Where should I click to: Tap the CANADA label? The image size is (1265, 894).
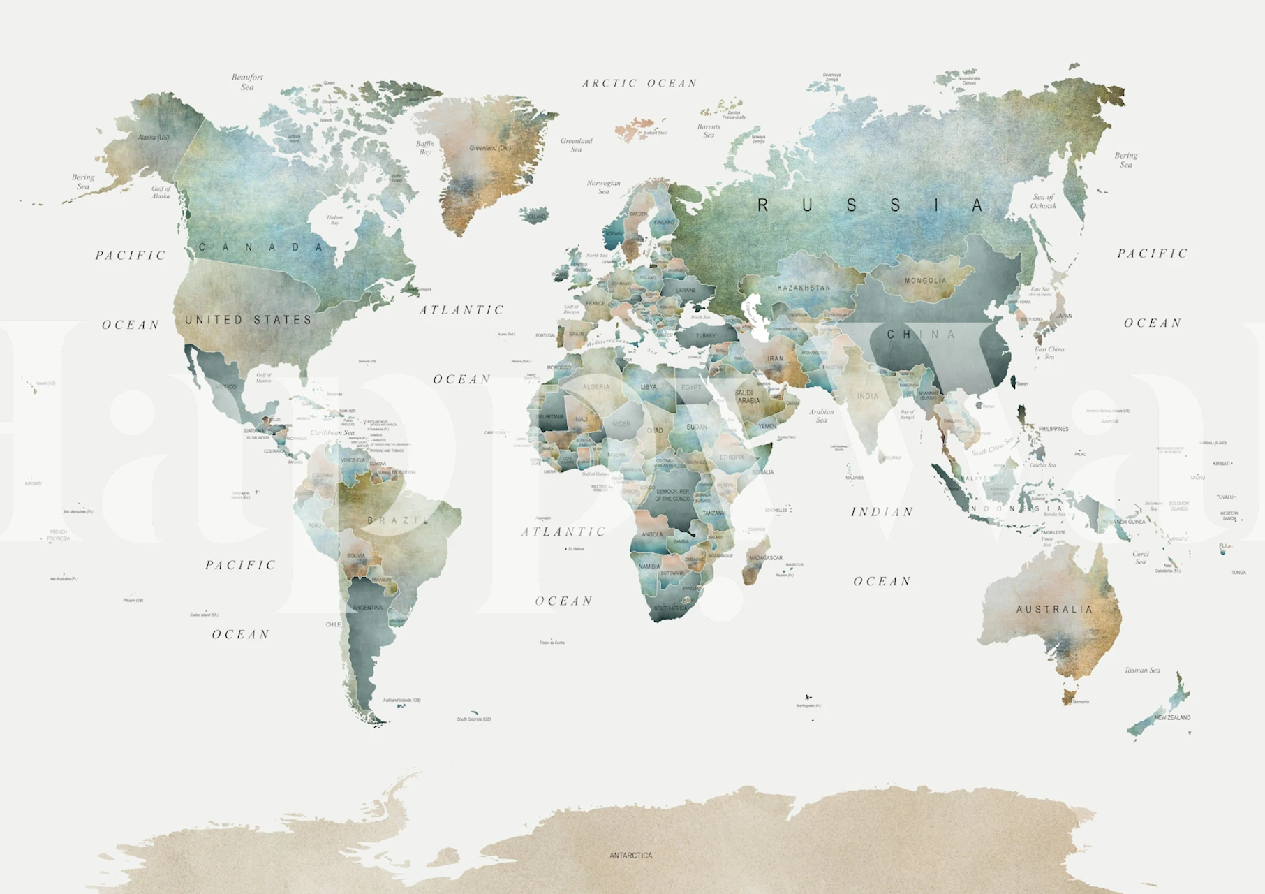(262, 247)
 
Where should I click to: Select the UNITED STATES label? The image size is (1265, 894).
(249, 320)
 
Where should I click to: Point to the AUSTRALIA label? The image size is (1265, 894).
(1054, 610)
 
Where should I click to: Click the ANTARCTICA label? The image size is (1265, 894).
(630, 856)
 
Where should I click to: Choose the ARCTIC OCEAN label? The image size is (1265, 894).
(639, 84)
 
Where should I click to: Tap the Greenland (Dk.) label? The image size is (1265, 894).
(490, 148)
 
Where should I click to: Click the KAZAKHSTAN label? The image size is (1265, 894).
(804, 288)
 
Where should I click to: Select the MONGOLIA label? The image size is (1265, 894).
(926, 281)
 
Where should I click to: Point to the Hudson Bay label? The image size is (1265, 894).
(334, 220)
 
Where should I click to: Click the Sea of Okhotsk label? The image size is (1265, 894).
(1043, 201)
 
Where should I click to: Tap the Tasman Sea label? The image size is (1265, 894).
(1142, 670)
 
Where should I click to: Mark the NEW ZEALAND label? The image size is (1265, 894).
(1172, 718)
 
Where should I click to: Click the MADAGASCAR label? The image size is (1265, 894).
(766, 558)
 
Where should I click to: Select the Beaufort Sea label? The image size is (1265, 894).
(247, 82)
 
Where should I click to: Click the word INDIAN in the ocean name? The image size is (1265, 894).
(882, 512)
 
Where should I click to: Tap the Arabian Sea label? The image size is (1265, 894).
(822, 416)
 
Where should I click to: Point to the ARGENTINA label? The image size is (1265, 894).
(367, 608)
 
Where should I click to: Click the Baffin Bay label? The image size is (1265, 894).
(425, 148)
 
